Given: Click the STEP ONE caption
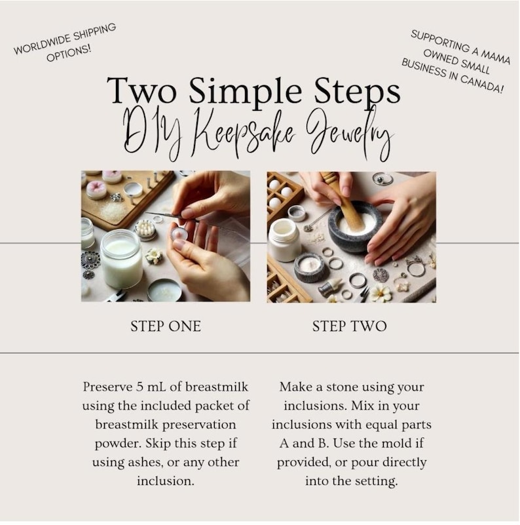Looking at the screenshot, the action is (x=166, y=326).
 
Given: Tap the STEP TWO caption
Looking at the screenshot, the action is (x=349, y=326).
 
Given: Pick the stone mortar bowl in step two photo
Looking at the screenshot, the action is (x=355, y=227).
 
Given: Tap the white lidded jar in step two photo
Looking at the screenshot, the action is (x=284, y=240).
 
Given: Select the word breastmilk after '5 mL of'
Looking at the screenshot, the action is (x=217, y=387).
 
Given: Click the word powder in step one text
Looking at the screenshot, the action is (x=117, y=444).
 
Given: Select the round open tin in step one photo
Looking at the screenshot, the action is (x=164, y=290).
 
